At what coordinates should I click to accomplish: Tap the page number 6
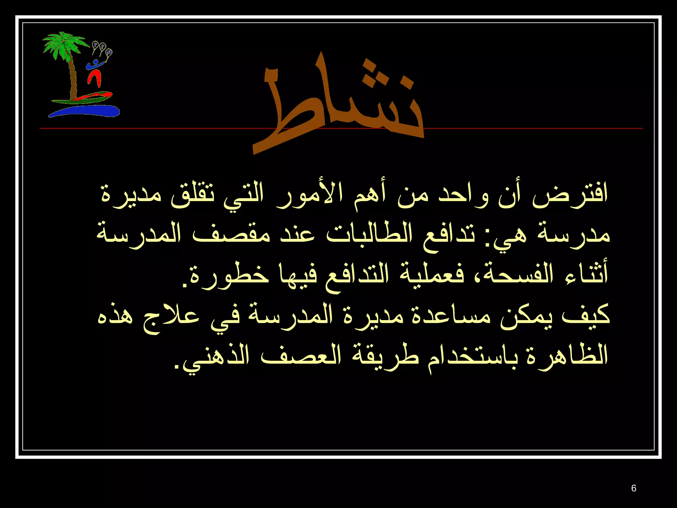click(x=633, y=488)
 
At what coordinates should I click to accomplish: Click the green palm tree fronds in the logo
click(x=63, y=45)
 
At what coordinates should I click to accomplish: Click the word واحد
click(x=463, y=195)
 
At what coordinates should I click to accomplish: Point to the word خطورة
click(x=228, y=276)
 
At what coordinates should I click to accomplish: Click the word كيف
click(x=585, y=316)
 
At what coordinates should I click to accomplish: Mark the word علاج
click(x=172, y=317)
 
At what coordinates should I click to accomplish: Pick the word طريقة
click(x=380, y=357)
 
